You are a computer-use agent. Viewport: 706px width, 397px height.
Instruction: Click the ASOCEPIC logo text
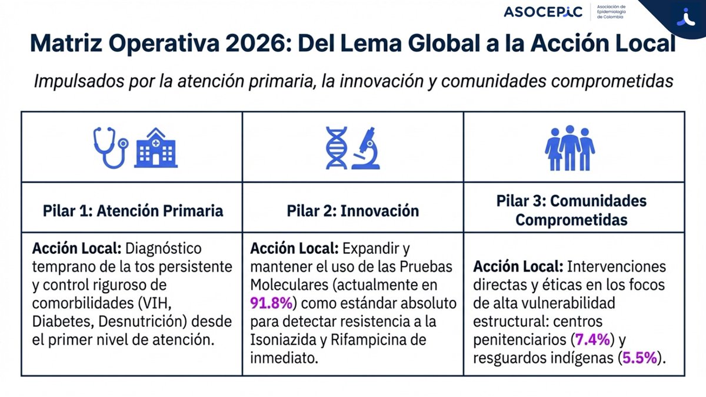tap(542, 12)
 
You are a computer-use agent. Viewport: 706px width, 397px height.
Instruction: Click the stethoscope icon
tap(110, 147)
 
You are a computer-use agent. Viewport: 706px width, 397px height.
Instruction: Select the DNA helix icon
tap(336, 148)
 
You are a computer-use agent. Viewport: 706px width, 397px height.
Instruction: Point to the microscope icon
tap(367, 148)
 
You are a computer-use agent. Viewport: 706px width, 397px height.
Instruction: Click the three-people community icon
tap(570, 148)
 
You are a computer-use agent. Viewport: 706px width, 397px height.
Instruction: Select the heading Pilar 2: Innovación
tap(353, 211)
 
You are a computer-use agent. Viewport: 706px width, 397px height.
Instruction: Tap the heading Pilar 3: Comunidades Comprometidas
tap(571, 210)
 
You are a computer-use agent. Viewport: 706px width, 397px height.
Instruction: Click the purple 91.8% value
tap(272, 304)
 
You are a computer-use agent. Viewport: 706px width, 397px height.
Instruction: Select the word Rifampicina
tap(368, 340)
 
